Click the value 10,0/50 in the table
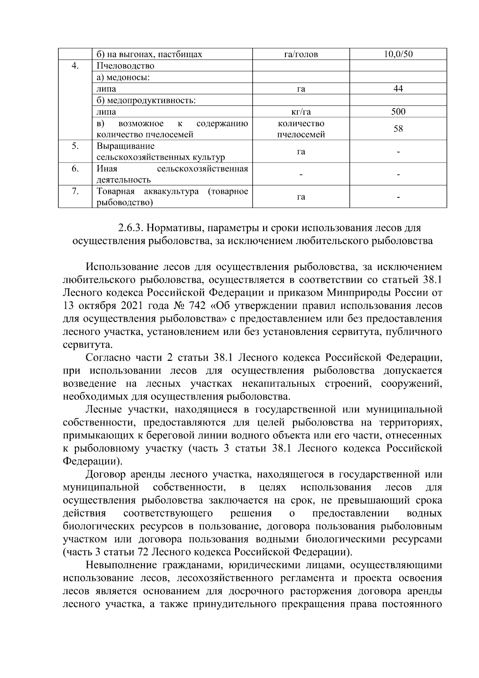398,54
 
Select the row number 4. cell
75,66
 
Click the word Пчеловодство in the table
125,66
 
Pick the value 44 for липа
398,89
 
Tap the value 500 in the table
398,111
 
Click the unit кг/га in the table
301,112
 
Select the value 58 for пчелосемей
398,129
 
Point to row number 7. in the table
75,191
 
